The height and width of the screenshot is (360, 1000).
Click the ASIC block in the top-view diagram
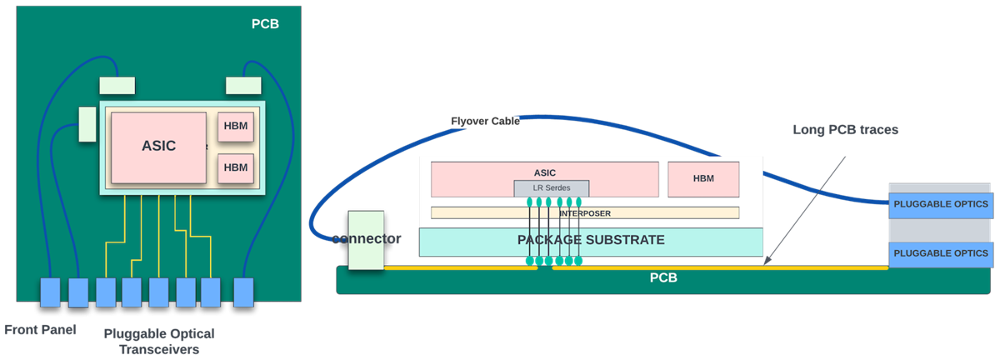[158, 147]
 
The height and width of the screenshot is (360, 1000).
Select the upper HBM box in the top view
[236, 127]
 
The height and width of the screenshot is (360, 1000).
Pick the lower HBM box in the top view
[236, 167]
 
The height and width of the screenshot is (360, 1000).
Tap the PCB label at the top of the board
[265, 23]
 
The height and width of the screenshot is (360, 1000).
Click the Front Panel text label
[40, 330]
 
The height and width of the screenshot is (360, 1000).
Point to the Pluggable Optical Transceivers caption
[158, 342]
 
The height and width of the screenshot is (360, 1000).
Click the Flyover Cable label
[485, 121]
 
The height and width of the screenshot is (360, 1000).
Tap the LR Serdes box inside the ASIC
[551, 188]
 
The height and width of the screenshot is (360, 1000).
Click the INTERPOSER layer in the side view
[584, 212]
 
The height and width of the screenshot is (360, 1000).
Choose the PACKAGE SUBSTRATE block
[591, 241]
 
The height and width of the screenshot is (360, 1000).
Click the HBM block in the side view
[703, 178]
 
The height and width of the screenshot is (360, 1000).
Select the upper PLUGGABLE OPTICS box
[940, 203]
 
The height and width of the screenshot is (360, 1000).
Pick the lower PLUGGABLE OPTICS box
[940, 253]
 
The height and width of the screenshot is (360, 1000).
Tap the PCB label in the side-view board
[663, 278]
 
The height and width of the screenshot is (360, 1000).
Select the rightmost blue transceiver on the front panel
[242, 292]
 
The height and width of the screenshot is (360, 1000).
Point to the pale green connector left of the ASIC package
[87, 124]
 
